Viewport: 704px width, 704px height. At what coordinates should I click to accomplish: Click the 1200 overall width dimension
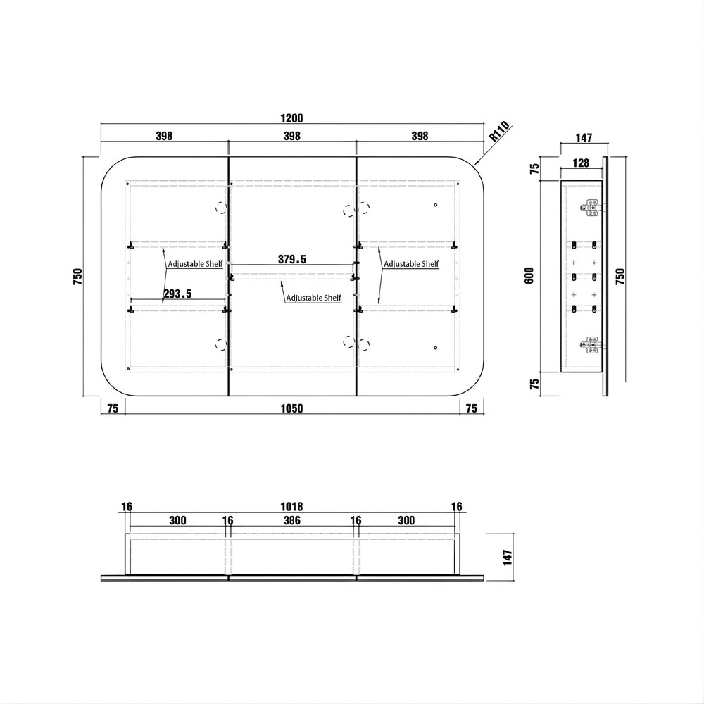(292, 118)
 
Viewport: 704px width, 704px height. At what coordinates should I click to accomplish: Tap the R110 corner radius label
(499, 132)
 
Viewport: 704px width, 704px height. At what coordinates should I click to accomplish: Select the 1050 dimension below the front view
(292, 408)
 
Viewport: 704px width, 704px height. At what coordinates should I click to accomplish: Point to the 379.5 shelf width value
(292, 259)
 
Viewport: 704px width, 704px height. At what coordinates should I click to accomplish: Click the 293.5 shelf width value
(177, 294)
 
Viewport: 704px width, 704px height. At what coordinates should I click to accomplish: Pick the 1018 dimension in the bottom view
(292, 507)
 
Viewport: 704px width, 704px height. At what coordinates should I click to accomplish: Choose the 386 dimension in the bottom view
(292, 520)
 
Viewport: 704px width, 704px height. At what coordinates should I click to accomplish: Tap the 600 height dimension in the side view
(529, 275)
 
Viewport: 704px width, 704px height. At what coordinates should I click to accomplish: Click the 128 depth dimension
(581, 163)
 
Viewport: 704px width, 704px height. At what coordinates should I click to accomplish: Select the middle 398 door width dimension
(292, 136)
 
